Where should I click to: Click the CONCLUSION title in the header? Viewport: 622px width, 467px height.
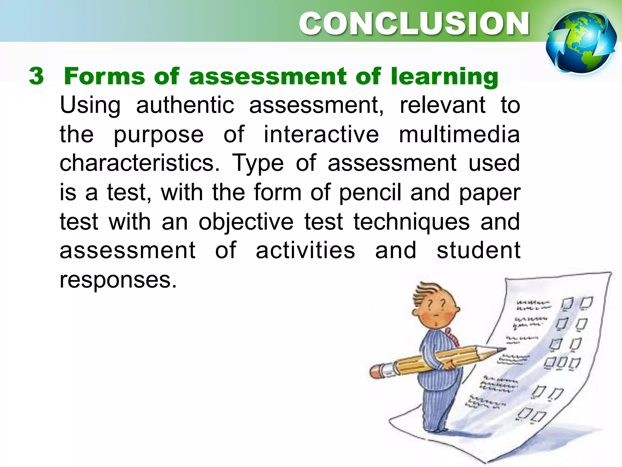tap(414, 24)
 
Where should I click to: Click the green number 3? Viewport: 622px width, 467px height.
tap(36, 76)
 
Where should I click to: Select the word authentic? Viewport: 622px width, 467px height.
tap(185, 105)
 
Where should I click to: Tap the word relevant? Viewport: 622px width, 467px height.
tap(443, 105)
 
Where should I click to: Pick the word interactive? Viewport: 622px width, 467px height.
tap(321, 134)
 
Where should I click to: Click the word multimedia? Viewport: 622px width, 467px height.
tap(459, 134)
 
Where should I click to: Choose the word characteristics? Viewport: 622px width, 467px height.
tap(139, 163)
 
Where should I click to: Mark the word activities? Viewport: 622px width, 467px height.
tap(305, 250)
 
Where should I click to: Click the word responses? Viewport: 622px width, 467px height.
tap(118, 280)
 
